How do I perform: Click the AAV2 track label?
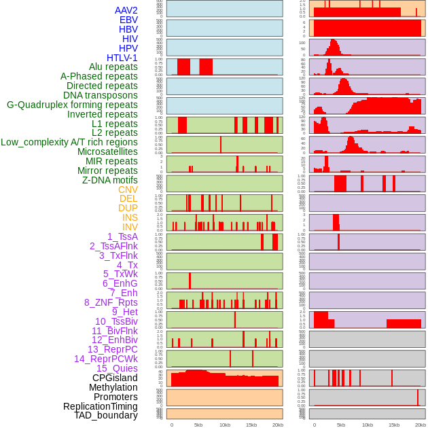[126, 10]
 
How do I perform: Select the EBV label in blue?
[128, 20]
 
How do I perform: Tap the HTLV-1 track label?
[122, 58]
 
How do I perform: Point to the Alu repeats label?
[113, 67]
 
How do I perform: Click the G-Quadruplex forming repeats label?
[72, 105]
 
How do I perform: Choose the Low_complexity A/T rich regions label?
[69, 142]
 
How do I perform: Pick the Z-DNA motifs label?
[110, 180]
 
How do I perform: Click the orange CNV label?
[128, 190]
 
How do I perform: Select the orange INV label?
[130, 227]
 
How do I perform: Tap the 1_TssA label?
[122, 236]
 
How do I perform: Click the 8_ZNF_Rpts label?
[111, 302]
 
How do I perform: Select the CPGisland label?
[115, 378]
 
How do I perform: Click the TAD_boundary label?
[106, 415]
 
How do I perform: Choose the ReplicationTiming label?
[101, 406]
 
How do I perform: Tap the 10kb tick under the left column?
[224, 425]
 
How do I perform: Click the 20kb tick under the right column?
[421, 425]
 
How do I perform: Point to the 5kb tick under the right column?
[340, 425]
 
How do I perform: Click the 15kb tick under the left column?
[251, 425]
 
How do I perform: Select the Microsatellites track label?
[107, 151]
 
